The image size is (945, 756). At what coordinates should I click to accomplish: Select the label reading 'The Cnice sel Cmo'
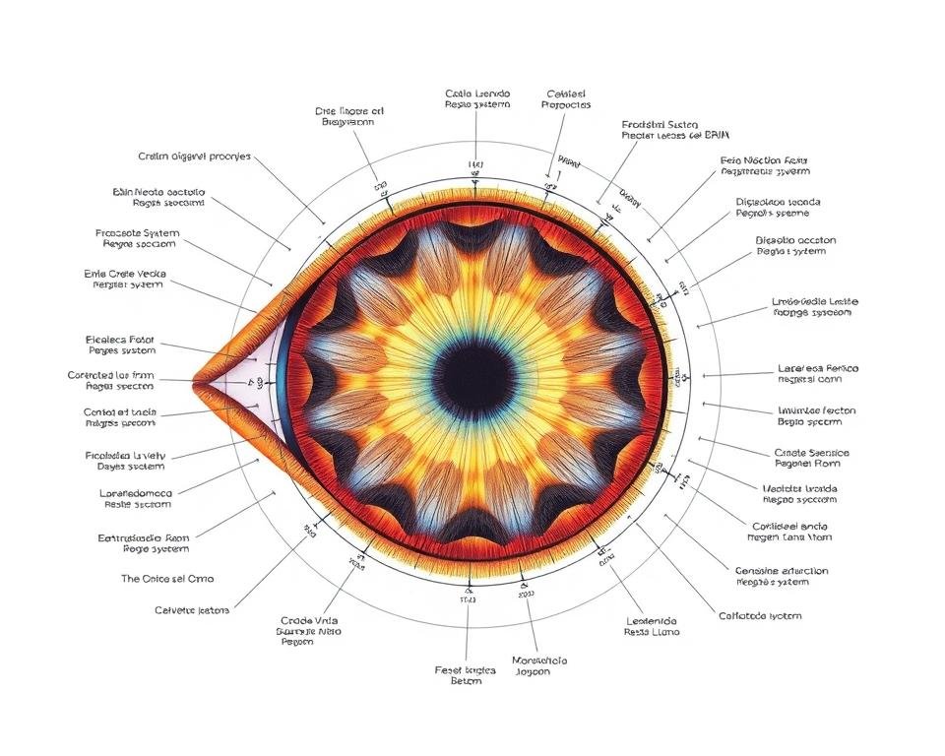167,579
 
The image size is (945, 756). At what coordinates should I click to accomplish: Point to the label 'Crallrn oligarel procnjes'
195,157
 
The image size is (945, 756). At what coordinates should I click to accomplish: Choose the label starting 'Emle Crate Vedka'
124,278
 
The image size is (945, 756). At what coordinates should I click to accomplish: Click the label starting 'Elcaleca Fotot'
121,343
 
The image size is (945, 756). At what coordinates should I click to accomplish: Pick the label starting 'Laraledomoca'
138,497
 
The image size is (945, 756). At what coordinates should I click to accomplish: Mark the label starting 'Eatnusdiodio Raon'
143,544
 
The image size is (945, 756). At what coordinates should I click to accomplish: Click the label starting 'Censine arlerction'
782,576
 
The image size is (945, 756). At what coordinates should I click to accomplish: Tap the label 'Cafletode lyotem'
759,616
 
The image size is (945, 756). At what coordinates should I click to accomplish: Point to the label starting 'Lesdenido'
652,626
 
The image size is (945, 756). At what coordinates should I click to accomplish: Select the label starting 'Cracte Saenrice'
812,459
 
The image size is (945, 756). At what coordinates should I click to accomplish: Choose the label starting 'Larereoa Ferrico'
818,374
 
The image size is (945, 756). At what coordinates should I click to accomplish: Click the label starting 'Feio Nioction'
765,164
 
